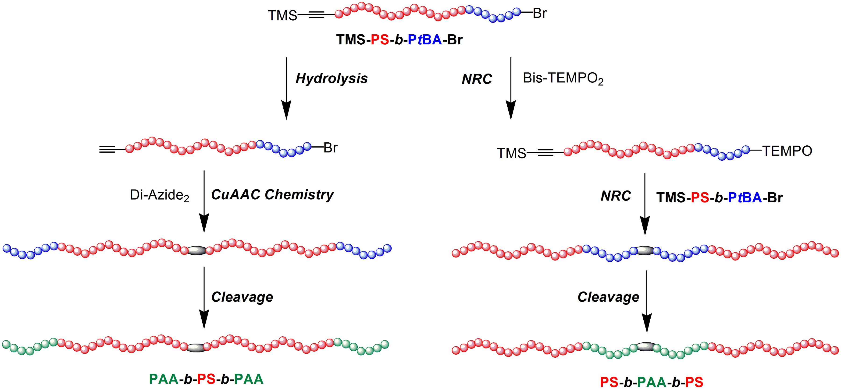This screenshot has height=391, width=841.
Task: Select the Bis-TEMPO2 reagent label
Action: coord(563,79)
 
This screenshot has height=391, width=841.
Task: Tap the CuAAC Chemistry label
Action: coord(272,195)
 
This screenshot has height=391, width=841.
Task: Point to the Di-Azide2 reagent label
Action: coord(159,196)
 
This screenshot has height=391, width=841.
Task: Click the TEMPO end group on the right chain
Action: coord(787,151)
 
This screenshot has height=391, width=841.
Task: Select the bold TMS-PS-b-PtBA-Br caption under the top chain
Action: coord(400,40)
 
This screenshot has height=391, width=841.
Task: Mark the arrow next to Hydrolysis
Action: coord(286,88)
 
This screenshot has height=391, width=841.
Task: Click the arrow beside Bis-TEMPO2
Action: coord(511,88)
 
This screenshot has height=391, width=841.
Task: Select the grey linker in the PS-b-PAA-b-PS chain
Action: coord(644,347)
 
